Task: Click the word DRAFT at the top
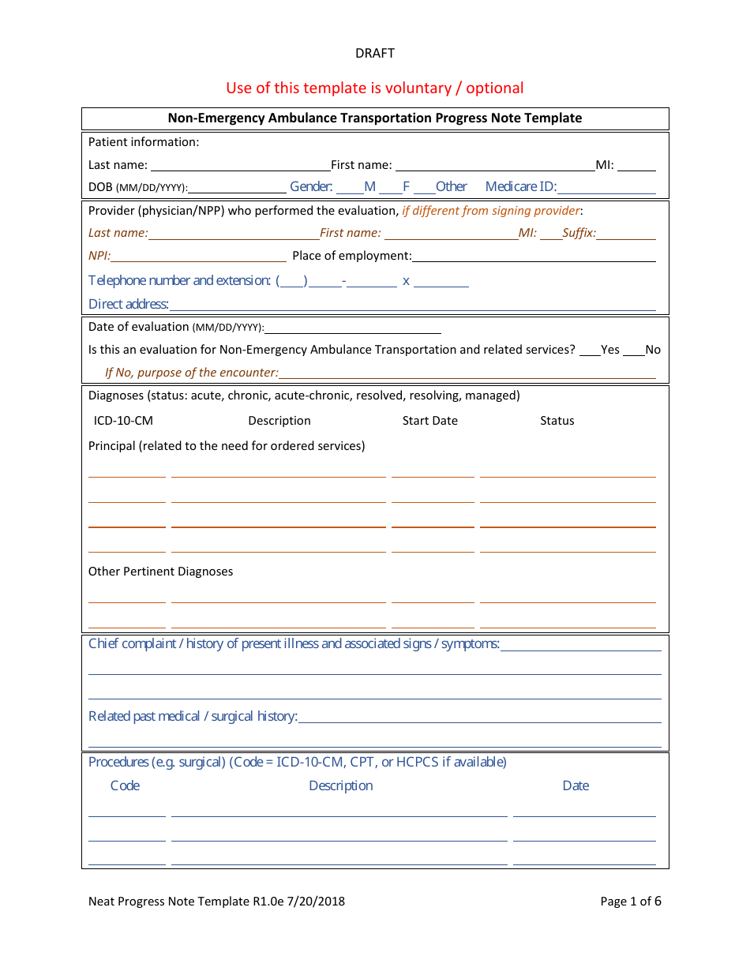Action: [375, 53]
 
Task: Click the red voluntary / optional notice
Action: [375, 88]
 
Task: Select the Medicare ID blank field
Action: [606, 189]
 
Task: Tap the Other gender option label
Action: [451, 187]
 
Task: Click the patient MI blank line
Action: [636, 167]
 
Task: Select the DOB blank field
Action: [238, 189]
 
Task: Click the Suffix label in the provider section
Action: [579, 233]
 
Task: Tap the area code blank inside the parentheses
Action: [294, 282]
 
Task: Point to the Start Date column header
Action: [429, 421]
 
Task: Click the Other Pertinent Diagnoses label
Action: [160, 572]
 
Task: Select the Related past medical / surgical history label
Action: [193, 716]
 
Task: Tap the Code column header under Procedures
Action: [125, 785]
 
